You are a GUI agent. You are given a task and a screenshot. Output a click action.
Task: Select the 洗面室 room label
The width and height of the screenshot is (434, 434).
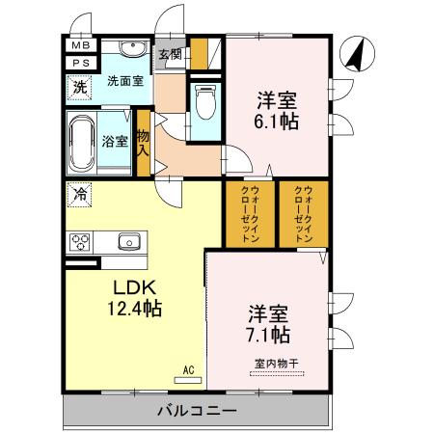pyautogui.click(x=126, y=81)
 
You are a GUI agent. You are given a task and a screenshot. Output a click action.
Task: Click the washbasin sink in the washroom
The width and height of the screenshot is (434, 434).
pyautogui.click(x=133, y=51)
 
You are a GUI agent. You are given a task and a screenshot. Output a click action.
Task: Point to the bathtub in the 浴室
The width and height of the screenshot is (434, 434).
pyautogui.click(x=82, y=141)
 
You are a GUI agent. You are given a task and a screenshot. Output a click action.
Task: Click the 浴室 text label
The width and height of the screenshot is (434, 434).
pyautogui.click(x=115, y=141)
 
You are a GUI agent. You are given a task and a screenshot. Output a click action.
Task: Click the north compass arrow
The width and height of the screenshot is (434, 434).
pyautogui.click(x=356, y=52)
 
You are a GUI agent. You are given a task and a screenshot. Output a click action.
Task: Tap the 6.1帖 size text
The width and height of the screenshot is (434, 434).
pyautogui.click(x=275, y=122)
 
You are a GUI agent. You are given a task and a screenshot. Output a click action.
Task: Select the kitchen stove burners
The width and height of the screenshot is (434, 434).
pyautogui.click(x=79, y=242)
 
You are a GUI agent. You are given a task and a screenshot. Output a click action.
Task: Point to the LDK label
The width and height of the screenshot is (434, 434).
pyautogui.click(x=134, y=289)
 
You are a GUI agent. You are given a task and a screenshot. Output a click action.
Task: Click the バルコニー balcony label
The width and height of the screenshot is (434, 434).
pyautogui.click(x=197, y=412)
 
